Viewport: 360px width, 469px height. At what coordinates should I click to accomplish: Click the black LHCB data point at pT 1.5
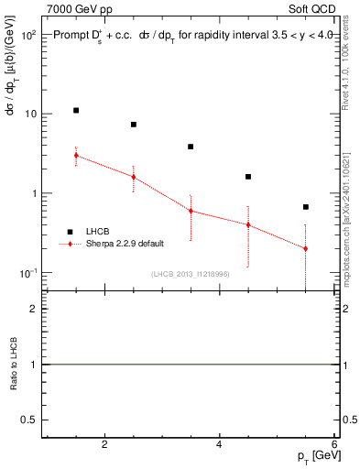(x=76, y=110)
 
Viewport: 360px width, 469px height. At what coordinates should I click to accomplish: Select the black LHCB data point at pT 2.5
(x=134, y=125)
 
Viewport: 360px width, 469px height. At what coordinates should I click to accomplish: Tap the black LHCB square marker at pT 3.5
(x=191, y=147)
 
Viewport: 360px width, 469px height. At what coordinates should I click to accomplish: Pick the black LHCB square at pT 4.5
(x=248, y=177)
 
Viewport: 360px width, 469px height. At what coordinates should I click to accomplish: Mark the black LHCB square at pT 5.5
(x=305, y=207)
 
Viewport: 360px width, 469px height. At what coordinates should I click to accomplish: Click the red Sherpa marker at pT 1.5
(x=76, y=155)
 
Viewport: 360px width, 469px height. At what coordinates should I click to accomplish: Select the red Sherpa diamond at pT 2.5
(x=134, y=177)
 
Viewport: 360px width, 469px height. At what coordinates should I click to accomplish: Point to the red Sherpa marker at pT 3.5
(x=191, y=211)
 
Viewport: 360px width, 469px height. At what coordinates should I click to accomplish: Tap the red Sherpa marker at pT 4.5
(x=248, y=224)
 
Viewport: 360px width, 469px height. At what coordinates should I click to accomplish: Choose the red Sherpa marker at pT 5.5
(x=305, y=248)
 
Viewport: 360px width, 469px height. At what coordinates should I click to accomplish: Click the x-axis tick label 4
(x=219, y=445)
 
